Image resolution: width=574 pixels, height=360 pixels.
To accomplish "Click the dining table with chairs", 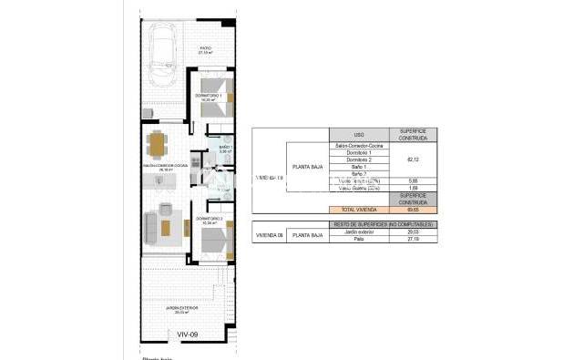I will tap(159, 145).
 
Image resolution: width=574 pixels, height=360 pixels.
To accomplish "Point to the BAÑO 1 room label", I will tap(224, 149).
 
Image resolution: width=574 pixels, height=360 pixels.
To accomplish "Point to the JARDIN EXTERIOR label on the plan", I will tap(182, 308).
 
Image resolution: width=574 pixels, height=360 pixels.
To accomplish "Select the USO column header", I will tap(358, 134).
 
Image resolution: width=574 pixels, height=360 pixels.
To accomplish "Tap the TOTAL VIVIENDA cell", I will tap(358, 210).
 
